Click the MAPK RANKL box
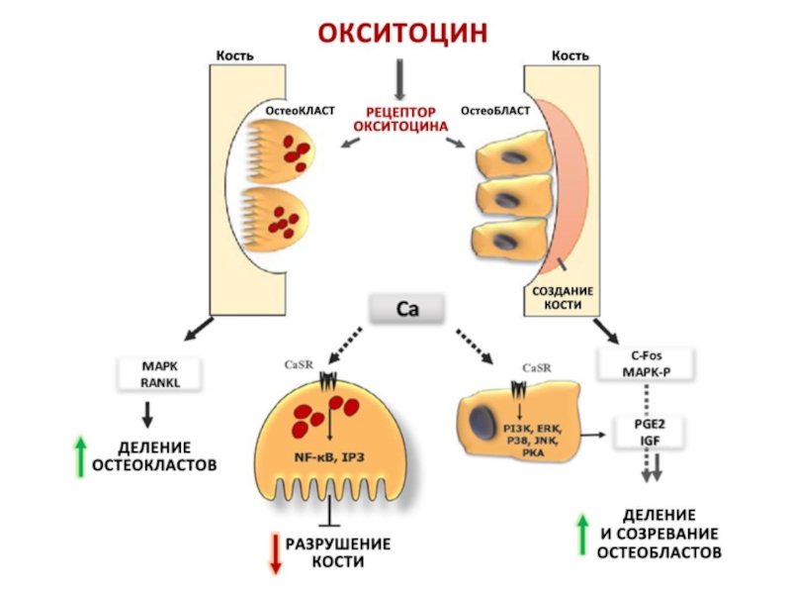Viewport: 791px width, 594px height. click(x=158, y=373)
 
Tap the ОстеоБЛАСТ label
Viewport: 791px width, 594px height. click(x=495, y=109)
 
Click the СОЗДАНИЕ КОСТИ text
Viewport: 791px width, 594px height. click(x=563, y=299)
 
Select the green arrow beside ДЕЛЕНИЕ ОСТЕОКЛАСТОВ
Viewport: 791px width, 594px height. click(x=80, y=454)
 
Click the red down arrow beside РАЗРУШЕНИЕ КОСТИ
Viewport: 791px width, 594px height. click(x=275, y=552)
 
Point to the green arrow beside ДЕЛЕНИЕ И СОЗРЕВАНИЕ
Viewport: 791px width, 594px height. click(x=582, y=534)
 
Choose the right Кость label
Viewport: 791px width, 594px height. click(x=571, y=55)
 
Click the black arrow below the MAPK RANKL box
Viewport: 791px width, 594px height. click(x=148, y=413)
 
